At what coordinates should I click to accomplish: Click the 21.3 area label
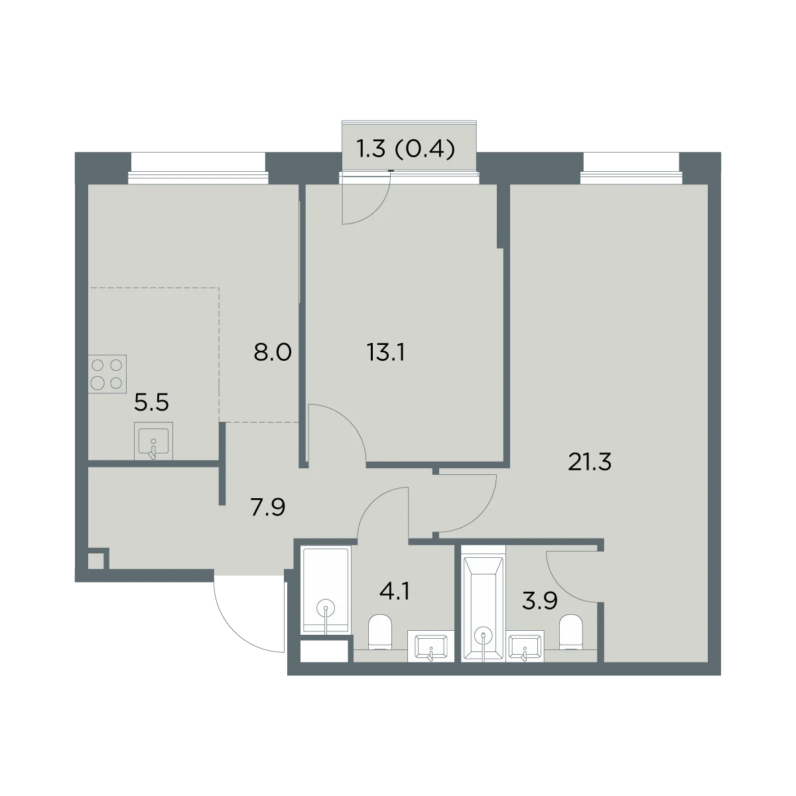click(x=590, y=462)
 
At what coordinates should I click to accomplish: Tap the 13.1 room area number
click(x=386, y=353)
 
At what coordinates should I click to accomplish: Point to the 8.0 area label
click(x=273, y=353)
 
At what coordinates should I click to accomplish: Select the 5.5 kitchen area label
click(x=152, y=403)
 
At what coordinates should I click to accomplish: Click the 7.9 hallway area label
click(x=268, y=507)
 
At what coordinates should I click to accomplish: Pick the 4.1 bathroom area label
click(x=395, y=592)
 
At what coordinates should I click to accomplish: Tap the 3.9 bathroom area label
click(x=540, y=600)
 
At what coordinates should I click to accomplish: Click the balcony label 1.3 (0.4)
click(x=406, y=149)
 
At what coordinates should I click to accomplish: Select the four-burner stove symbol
click(x=107, y=374)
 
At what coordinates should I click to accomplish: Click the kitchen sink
click(x=153, y=441)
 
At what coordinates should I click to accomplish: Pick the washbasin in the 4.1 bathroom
click(x=431, y=647)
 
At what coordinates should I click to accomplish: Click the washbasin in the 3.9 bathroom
click(x=525, y=647)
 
